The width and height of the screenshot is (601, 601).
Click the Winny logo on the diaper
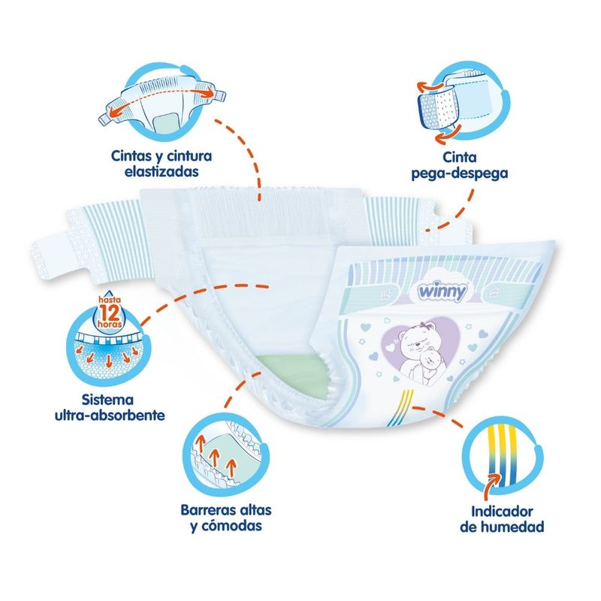[x=442, y=291]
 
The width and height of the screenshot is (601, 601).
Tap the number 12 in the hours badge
[x=110, y=313]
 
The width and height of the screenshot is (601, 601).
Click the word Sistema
[x=107, y=400]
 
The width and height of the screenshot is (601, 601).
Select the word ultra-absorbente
[x=110, y=415]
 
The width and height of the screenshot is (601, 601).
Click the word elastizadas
[x=162, y=171]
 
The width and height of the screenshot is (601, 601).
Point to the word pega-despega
[x=460, y=174]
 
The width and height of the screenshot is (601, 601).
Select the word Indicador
[x=502, y=512]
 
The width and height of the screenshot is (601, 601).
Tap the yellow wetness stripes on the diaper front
[x=401, y=407]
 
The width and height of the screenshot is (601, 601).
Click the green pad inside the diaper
[x=292, y=373]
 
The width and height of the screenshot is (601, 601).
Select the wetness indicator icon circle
[x=503, y=459]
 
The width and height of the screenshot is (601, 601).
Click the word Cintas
[x=129, y=156]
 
